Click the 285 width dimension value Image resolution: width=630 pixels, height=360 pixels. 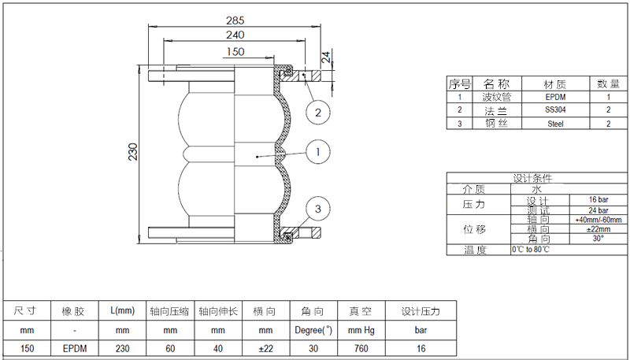coord(235,20)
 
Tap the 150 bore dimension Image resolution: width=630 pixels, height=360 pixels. coord(235,52)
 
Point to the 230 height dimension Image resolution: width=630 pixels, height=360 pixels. coord(133,150)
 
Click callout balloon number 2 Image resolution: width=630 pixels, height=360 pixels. coord(317,113)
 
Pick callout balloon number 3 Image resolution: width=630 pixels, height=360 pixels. coord(317,209)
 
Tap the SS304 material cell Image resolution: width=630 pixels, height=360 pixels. coord(555,110)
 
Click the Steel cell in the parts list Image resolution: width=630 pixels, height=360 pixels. coord(555,124)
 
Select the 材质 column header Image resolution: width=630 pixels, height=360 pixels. coord(555,84)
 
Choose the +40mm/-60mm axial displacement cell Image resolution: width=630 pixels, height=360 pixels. coord(598,220)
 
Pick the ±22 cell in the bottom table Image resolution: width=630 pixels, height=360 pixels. coord(265,348)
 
